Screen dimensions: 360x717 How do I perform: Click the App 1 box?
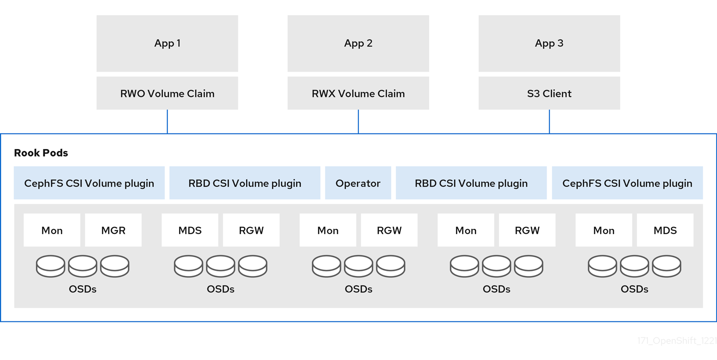(x=167, y=43)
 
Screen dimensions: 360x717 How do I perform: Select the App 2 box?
(x=358, y=43)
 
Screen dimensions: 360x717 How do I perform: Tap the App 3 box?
(x=549, y=43)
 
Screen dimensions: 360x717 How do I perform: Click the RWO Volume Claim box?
(x=167, y=93)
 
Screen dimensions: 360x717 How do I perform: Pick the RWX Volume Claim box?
(x=358, y=93)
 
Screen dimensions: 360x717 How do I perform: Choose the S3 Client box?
(x=549, y=93)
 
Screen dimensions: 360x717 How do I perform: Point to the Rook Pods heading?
(x=41, y=153)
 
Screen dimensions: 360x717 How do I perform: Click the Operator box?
(x=358, y=183)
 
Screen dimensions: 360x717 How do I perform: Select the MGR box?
(x=113, y=230)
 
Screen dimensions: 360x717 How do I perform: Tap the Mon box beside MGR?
(x=52, y=230)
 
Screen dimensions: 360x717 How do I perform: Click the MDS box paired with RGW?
(x=190, y=230)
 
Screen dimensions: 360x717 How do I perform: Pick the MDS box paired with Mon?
(x=665, y=230)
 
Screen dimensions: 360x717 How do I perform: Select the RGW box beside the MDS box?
(x=251, y=230)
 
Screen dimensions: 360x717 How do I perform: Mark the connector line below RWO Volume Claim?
(x=167, y=122)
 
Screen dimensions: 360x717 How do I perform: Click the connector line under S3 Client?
(x=550, y=122)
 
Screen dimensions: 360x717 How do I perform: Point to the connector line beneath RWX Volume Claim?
(x=358, y=122)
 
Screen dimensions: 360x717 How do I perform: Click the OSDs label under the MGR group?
(x=83, y=289)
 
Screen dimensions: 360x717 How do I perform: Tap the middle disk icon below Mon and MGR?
(x=83, y=266)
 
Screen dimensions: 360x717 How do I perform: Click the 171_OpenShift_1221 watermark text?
(x=677, y=341)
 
